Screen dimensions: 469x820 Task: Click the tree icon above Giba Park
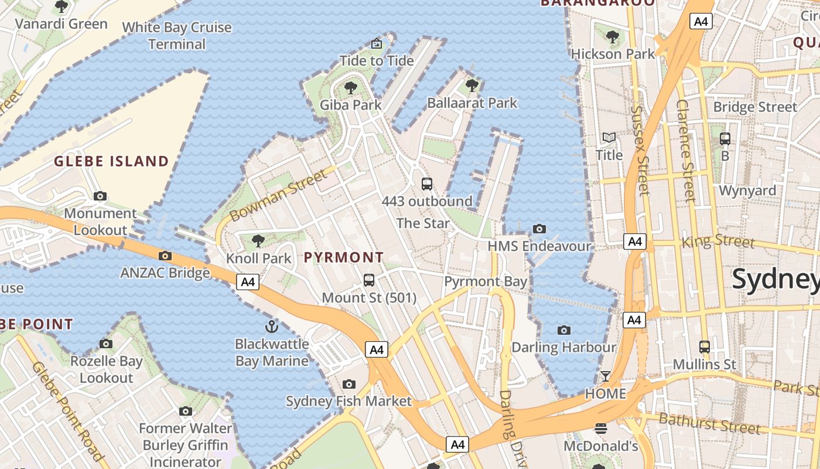click(x=351, y=89)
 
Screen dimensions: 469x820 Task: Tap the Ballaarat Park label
click(x=472, y=103)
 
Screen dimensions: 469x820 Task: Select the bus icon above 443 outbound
click(x=427, y=184)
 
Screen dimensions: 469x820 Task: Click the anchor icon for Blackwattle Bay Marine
click(x=271, y=327)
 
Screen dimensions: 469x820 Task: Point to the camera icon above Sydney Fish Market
click(x=349, y=385)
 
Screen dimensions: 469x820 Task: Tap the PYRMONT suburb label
click(x=344, y=257)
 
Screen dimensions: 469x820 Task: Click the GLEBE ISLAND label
click(x=111, y=161)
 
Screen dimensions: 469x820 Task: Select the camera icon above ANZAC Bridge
click(x=165, y=256)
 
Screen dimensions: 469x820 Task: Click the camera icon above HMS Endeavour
click(x=539, y=229)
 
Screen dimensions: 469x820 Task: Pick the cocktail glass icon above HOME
click(x=606, y=376)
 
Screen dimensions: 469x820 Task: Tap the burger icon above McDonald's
click(x=601, y=429)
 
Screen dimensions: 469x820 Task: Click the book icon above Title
click(x=609, y=138)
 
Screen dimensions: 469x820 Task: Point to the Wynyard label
click(x=747, y=191)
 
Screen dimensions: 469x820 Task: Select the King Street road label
click(x=719, y=241)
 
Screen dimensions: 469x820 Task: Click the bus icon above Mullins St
click(x=704, y=347)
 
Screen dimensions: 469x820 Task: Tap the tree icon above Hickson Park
click(x=613, y=37)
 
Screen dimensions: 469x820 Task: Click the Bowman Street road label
click(x=279, y=196)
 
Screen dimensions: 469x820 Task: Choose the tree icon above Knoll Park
click(x=258, y=241)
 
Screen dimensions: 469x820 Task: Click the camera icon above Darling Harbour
click(x=564, y=330)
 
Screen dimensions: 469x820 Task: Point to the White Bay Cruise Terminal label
click(x=177, y=36)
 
